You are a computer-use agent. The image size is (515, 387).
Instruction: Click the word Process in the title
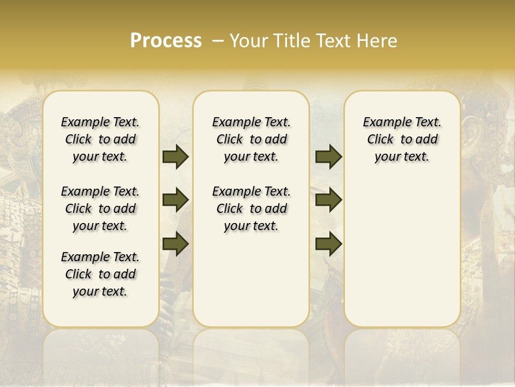pyautogui.click(x=166, y=41)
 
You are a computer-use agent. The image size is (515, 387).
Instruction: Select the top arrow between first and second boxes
pyautogui.click(x=175, y=157)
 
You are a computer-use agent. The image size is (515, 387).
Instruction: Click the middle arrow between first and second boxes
pyautogui.click(x=175, y=200)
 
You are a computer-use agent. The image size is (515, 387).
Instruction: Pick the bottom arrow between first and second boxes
pyautogui.click(x=175, y=244)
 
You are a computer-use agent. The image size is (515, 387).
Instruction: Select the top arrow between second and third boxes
pyautogui.click(x=328, y=157)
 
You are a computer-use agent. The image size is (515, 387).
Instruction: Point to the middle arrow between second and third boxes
pyautogui.click(x=328, y=200)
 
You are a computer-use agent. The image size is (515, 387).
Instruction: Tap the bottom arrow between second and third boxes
pyautogui.click(x=328, y=244)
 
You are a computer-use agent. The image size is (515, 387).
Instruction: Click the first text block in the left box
pyautogui.click(x=100, y=139)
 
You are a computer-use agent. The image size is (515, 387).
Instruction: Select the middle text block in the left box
pyautogui.click(x=100, y=209)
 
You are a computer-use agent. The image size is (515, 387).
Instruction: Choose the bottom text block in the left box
pyautogui.click(x=100, y=274)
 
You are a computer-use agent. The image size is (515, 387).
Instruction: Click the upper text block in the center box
pyautogui.click(x=251, y=139)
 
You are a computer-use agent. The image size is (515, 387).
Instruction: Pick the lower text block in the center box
pyautogui.click(x=251, y=209)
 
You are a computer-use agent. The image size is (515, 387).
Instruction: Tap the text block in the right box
pyautogui.click(x=402, y=139)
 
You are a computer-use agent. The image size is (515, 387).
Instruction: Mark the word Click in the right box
pyautogui.click(x=380, y=140)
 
